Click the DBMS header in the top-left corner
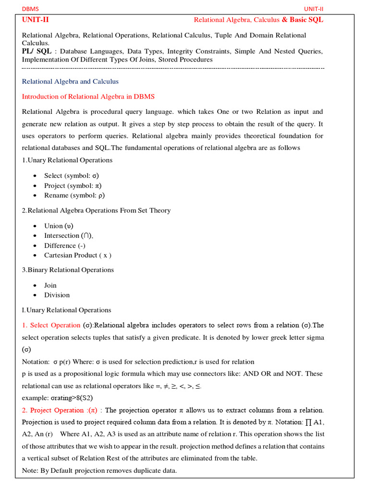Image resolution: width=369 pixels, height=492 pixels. (30, 9)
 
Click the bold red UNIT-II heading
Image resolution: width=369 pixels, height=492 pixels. (35, 20)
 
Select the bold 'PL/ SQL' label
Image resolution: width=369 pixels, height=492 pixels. (37, 51)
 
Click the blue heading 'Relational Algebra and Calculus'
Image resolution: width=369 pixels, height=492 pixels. (70, 81)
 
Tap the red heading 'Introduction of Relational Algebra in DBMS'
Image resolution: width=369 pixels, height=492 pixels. (88, 96)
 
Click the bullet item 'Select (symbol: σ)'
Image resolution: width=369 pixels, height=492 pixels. (72, 176)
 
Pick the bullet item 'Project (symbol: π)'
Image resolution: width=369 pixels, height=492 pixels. (73, 185)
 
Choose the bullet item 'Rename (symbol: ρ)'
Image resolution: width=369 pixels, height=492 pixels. (74, 196)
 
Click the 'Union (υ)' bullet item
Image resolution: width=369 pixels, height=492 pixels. (59, 226)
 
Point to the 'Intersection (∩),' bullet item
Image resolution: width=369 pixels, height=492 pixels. (69, 235)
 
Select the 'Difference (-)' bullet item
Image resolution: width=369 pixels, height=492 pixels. (66, 246)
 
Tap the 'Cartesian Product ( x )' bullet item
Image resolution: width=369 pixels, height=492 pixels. (77, 255)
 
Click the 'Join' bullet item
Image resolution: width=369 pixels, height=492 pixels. (50, 285)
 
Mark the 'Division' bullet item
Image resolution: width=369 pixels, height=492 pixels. (57, 295)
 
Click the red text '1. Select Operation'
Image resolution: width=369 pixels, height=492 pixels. (51, 325)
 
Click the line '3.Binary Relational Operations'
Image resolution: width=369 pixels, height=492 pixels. (68, 270)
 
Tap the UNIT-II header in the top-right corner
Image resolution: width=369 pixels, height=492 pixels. (314, 9)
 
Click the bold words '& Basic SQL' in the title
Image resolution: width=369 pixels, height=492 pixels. (302, 20)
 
